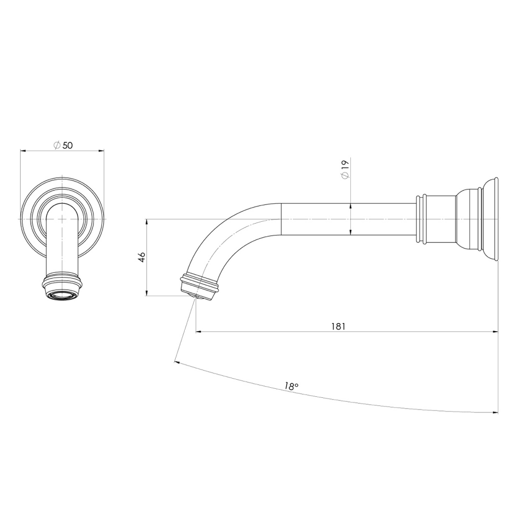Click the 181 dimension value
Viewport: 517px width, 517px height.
click(x=338, y=326)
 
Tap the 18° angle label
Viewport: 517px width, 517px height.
click(x=291, y=386)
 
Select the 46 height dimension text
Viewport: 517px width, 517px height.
click(x=142, y=257)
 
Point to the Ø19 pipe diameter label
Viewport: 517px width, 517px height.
click(x=345, y=169)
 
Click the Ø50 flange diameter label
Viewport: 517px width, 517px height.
click(x=63, y=145)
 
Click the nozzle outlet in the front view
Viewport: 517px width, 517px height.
click(x=62, y=294)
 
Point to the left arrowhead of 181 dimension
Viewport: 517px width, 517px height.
click(x=198, y=332)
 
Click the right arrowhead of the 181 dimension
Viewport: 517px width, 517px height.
click(x=495, y=332)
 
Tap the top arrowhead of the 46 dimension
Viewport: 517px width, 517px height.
click(x=146, y=222)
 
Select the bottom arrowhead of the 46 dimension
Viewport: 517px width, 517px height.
click(x=146, y=293)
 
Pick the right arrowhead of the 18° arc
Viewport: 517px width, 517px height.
click(x=495, y=412)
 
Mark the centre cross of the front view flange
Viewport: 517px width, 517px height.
click(x=62, y=219)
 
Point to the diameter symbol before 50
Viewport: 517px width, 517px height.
click(x=57, y=145)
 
